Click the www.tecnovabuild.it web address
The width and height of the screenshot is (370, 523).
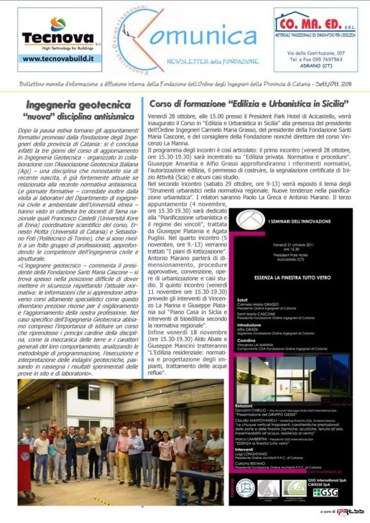(x=58, y=58)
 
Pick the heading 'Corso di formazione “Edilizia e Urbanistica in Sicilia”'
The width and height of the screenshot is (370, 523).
(x=249, y=103)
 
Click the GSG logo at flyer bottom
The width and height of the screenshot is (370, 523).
(x=326, y=492)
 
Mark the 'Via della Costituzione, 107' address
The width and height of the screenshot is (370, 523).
(x=316, y=53)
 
